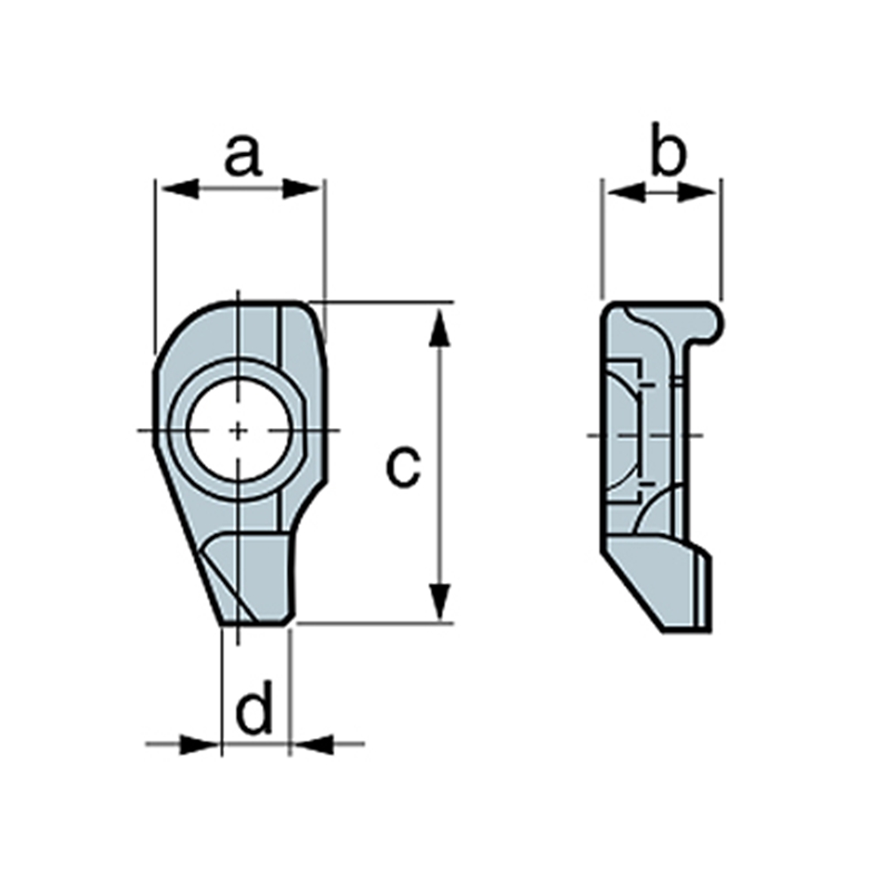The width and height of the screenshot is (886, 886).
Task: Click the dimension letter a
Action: [x=243, y=155]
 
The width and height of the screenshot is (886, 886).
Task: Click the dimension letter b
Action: [x=668, y=149]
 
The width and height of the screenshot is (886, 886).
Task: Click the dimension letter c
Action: [x=403, y=467]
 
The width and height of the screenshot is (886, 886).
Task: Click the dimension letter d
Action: [x=253, y=706]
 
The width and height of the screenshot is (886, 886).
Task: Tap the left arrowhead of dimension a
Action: [x=180, y=189]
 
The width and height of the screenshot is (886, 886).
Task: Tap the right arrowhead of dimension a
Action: [x=300, y=189]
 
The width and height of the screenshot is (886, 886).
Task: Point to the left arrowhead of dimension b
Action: [x=626, y=192]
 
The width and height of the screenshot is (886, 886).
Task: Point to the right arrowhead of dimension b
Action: [x=696, y=192]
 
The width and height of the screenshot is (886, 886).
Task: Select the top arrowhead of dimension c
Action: [x=439, y=327]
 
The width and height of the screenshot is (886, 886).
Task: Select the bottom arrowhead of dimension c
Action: [x=439, y=602]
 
